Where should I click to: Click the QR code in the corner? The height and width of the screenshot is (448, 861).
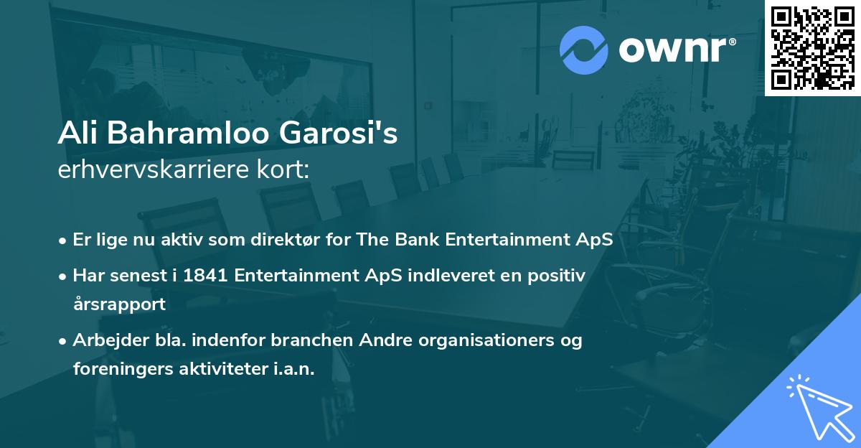pyautogui.click(x=812, y=47)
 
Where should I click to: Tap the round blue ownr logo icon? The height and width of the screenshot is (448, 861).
pyautogui.click(x=584, y=50)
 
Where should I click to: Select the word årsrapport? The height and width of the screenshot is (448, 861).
pyautogui.click(x=119, y=304)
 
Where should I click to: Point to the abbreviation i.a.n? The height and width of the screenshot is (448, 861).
pyautogui.click(x=293, y=369)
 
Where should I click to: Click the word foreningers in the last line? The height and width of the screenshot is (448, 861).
pyautogui.click(x=121, y=369)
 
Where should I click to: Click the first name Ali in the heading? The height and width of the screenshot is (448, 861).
pyautogui.click(x=80, y=134)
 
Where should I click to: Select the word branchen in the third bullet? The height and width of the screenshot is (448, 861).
pyautogui.click(x=301, y=340)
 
